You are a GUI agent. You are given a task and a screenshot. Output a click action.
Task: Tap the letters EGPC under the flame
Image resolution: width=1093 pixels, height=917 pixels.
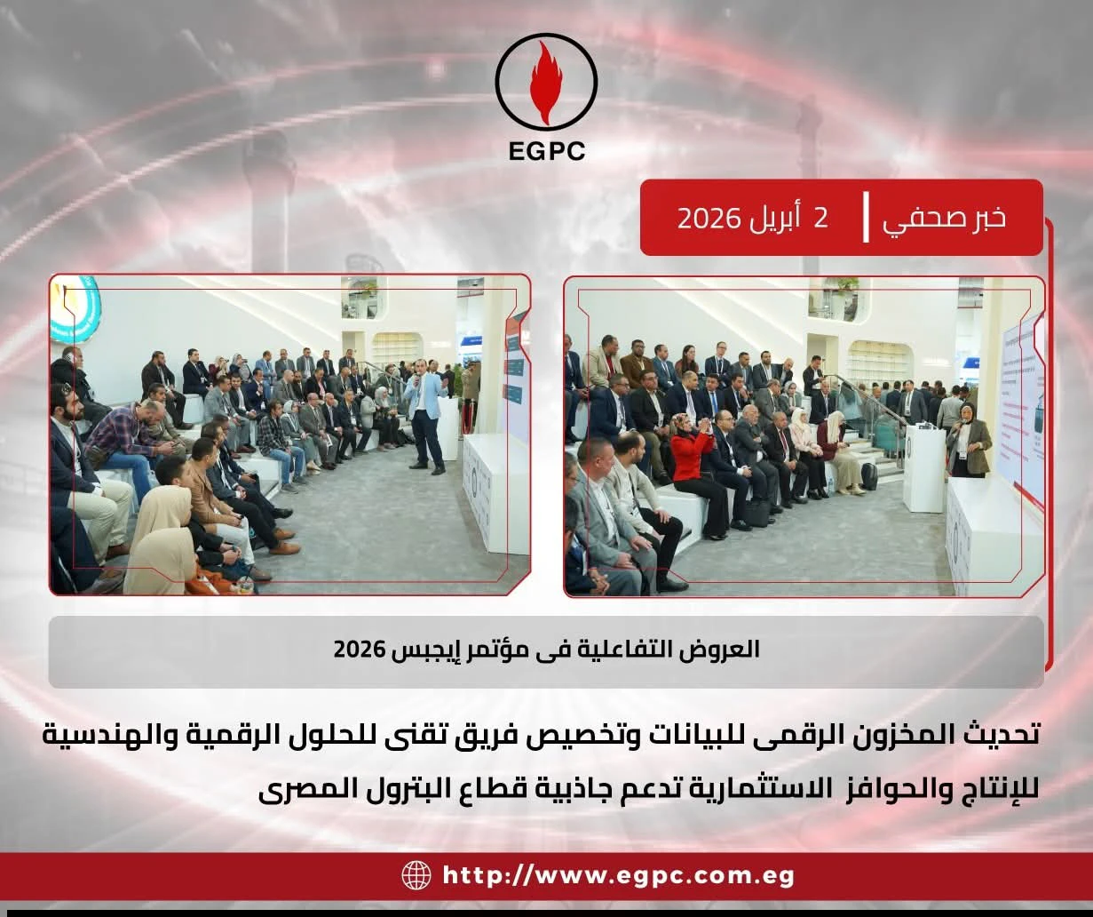coord(548,150)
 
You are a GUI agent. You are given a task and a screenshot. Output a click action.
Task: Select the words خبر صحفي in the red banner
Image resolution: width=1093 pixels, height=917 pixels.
coord(944,219)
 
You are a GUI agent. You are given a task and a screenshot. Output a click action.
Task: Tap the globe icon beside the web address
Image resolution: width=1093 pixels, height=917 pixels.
coord(416,875)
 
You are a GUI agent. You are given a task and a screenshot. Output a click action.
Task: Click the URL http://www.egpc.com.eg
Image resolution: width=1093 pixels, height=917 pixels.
coord(618,876)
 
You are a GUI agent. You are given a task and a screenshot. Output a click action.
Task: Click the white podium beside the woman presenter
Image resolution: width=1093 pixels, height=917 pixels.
coord(924,466)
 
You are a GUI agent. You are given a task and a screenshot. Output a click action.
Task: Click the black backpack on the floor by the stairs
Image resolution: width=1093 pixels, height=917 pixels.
coord(869,477)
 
